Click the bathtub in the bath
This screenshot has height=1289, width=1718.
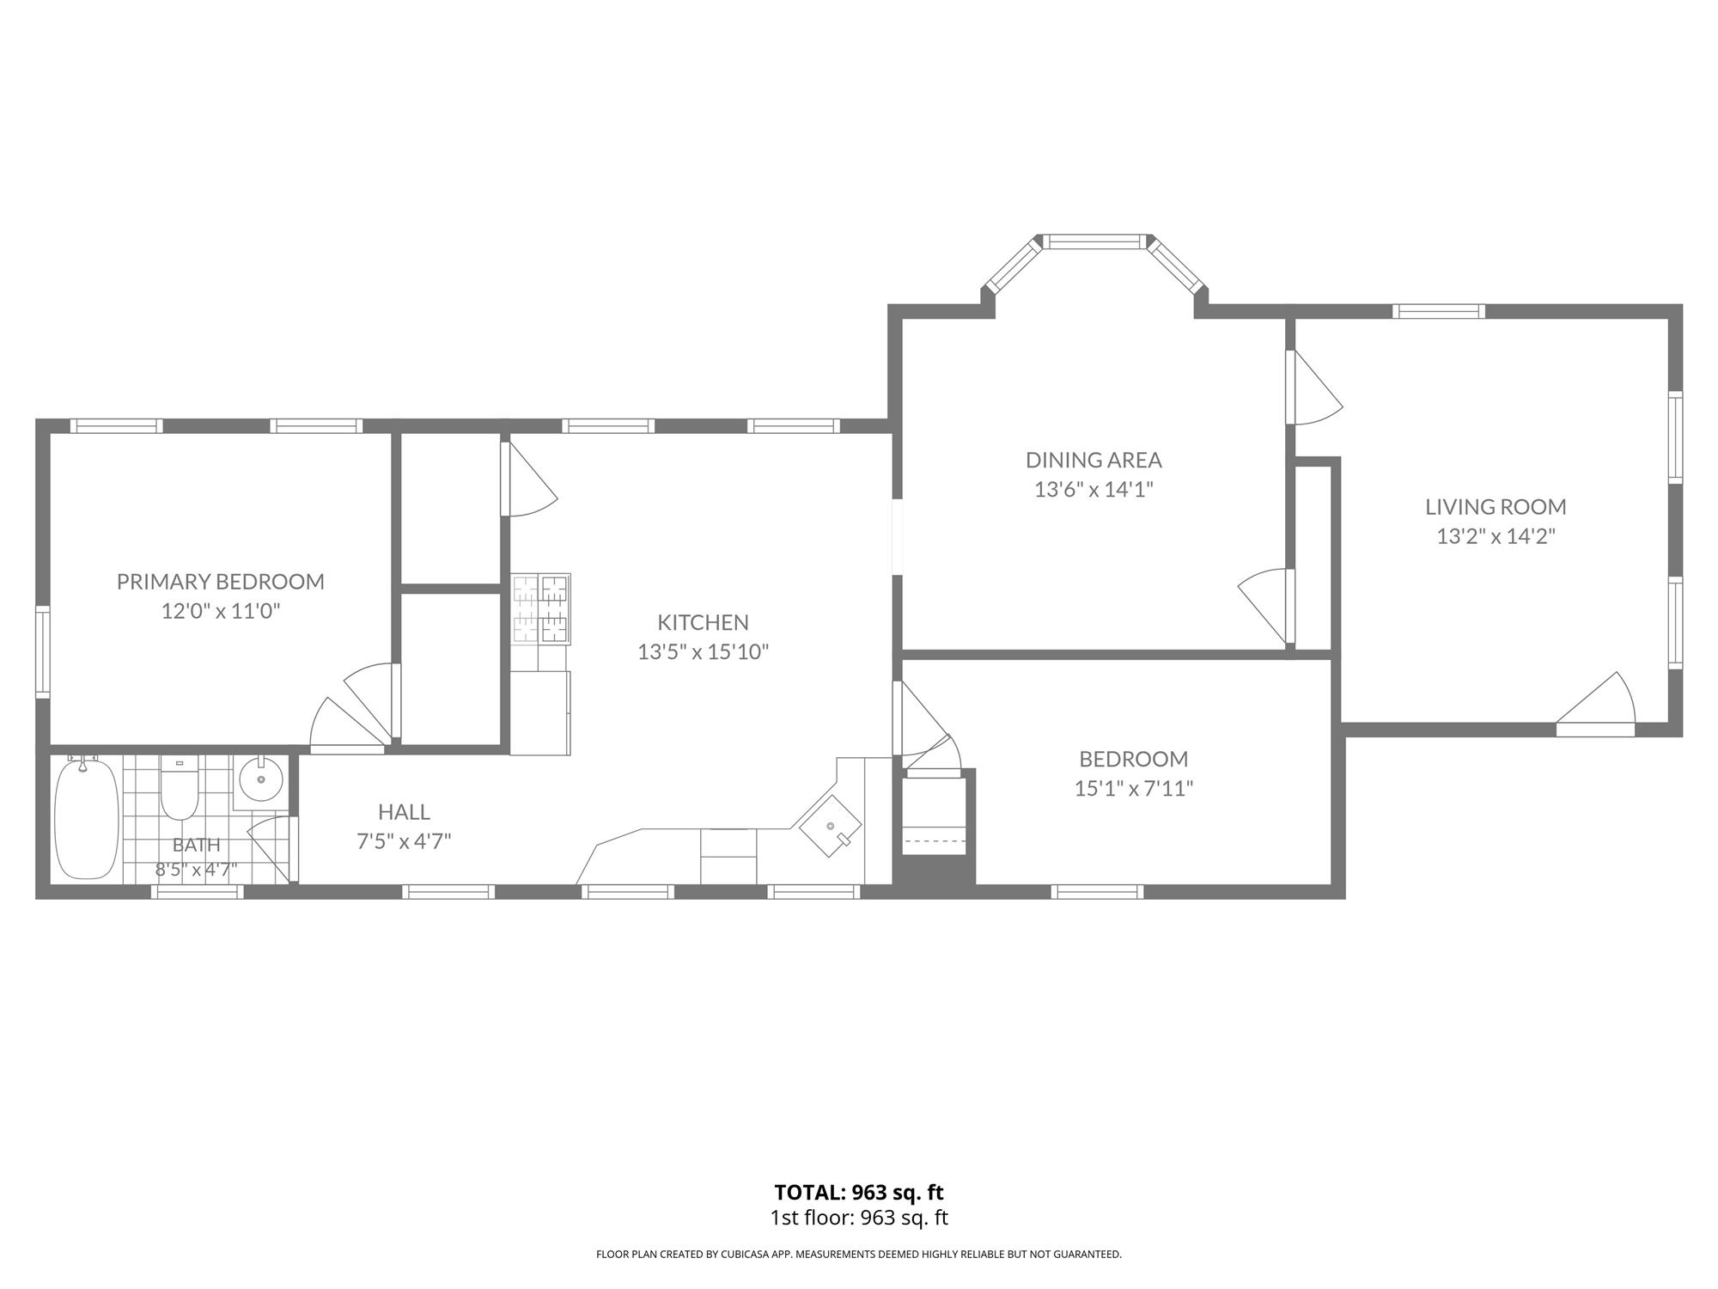click(86, 818)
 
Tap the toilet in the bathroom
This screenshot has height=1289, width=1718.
click(180, 787)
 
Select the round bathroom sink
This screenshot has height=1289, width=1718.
click(260, 780)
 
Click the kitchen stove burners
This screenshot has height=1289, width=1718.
click(541, 609)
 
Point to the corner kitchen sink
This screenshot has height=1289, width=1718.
click(831, 826)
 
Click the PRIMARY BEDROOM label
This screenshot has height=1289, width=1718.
click(221, 582)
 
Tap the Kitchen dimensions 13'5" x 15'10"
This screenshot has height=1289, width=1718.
click(703, 652)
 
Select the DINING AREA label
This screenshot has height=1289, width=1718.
click(1094, 460)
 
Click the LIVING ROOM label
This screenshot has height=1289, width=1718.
click(1496, 507)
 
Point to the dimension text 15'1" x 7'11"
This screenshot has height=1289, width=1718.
click(1134, 788)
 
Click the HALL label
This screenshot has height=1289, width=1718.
click(404, 812)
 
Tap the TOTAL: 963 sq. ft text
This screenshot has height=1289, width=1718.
click(859, 1193)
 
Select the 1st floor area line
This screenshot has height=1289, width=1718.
click(859, 1218)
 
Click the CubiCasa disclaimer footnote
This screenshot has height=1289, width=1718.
click(859, 1255)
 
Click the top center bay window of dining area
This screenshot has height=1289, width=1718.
click(1095, 241)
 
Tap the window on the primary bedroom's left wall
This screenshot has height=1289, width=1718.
click(42, 651)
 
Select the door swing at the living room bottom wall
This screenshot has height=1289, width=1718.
click(1596, 706)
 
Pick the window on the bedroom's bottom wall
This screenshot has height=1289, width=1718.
click(1097, 892)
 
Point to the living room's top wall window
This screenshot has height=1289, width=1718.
click(1439, 311)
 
